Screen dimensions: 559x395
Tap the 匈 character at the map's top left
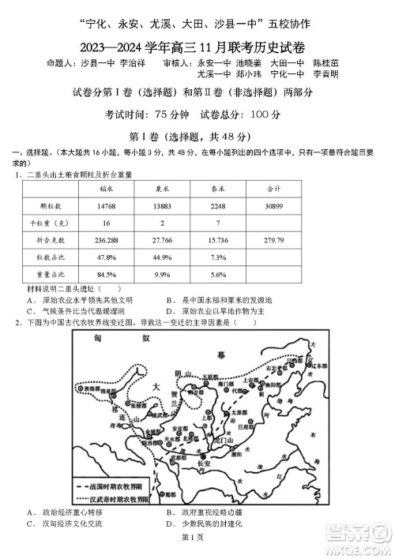pos(96,338)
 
